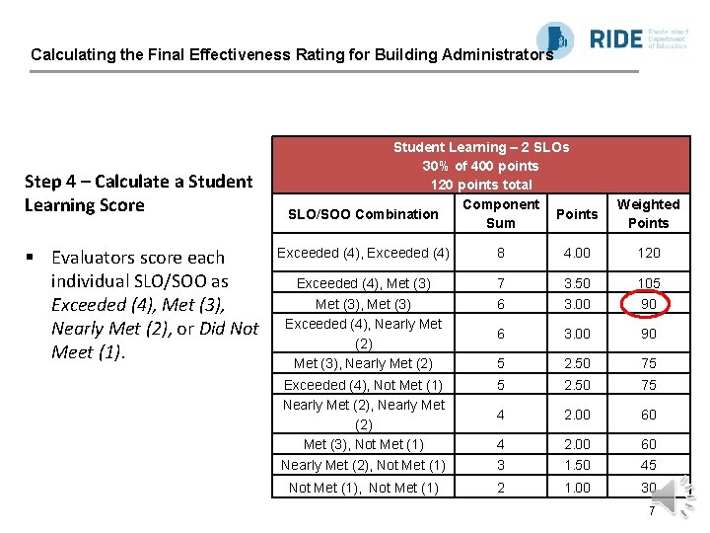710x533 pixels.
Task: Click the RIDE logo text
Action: click(x=615, y=39)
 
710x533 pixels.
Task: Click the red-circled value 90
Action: click(x=648, y=305)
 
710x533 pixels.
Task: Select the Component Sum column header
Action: click(x=501, y=213)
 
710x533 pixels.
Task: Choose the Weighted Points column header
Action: click(x=648, y=213)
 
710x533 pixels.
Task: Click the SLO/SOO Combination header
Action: click(x=363, y=214)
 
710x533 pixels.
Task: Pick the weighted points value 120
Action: click(x=648, y=253)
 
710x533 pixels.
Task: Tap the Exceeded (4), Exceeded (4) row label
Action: click(x=363, y=253)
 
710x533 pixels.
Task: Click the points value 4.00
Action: click(x=577, y=253)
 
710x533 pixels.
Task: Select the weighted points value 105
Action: click(x=648, y=283)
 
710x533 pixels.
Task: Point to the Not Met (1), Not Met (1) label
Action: click(x=363, y=488)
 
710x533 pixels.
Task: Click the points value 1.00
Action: click(x=577, y=488)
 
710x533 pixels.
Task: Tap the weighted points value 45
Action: click(x=648, y=465)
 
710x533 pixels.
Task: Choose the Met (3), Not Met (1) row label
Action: click(x=363, y=444)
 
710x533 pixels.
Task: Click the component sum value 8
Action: click(x=501, y=253)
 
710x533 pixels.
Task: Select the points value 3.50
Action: click(x=577, y=283)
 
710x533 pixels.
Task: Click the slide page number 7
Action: click(x=652, y=511)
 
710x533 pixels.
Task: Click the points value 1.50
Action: click(x=577, y=465)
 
